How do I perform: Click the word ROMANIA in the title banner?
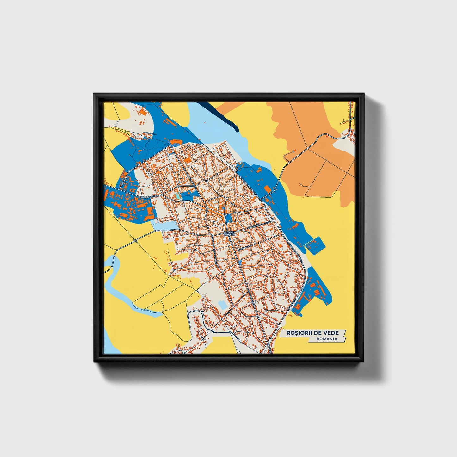(x=327, y=339)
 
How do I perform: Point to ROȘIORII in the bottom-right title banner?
(x=300, y=333)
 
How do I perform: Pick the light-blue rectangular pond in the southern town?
(x=222, y=305)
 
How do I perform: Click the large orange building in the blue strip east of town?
(x=268, y=189)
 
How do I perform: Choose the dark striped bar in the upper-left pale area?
(x=149, y=133)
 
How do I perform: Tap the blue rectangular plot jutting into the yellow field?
(x=314, y=245)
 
